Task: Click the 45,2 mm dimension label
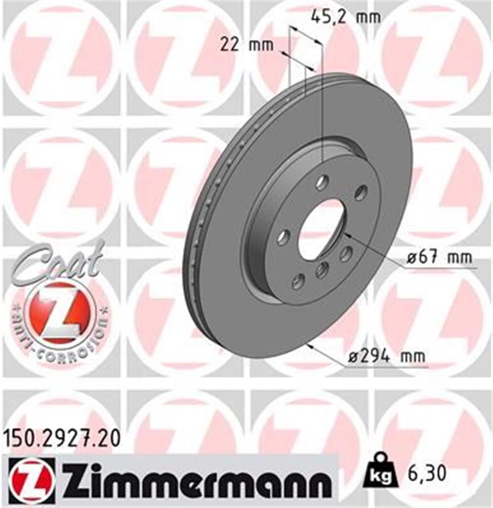[346, 17]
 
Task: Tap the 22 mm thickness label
[246, 44]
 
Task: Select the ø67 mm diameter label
[439, 258]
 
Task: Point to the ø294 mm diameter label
[386, 356]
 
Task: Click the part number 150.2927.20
[62, 439]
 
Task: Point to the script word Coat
[58, 263]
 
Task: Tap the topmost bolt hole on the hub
[323, 182]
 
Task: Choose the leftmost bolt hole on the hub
[283, 237]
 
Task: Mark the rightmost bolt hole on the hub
[361, 192]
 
